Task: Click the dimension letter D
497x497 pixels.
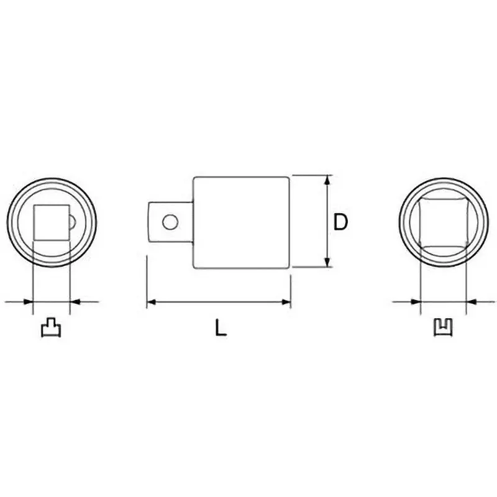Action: [340, 222]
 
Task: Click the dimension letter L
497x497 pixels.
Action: [220, 327]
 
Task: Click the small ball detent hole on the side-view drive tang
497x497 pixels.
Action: [170, 221]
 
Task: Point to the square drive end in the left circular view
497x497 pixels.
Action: [50, 222]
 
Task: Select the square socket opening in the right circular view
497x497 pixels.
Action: [442, 221]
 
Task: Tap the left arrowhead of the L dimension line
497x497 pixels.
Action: [151, 303]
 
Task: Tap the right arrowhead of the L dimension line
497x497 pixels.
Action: [287, 303]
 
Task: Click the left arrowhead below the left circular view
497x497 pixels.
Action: [27, 302]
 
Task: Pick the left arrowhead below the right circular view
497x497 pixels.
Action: [417, 302]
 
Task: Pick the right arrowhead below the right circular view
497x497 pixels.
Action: [470, 302]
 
